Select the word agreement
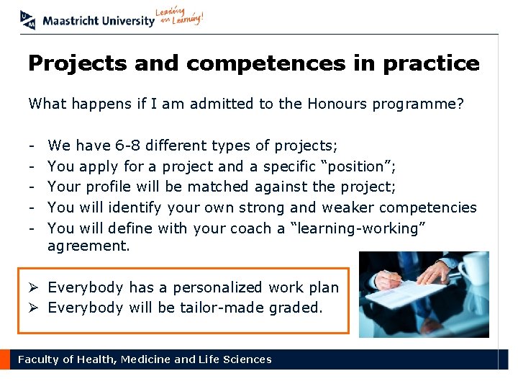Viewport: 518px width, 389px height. (88, 246)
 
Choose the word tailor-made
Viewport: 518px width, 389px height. (225, 308)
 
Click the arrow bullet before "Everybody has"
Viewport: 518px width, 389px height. (35, 287)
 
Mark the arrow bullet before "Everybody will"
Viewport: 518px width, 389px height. (35, 308)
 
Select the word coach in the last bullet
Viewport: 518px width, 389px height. (250, 228)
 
